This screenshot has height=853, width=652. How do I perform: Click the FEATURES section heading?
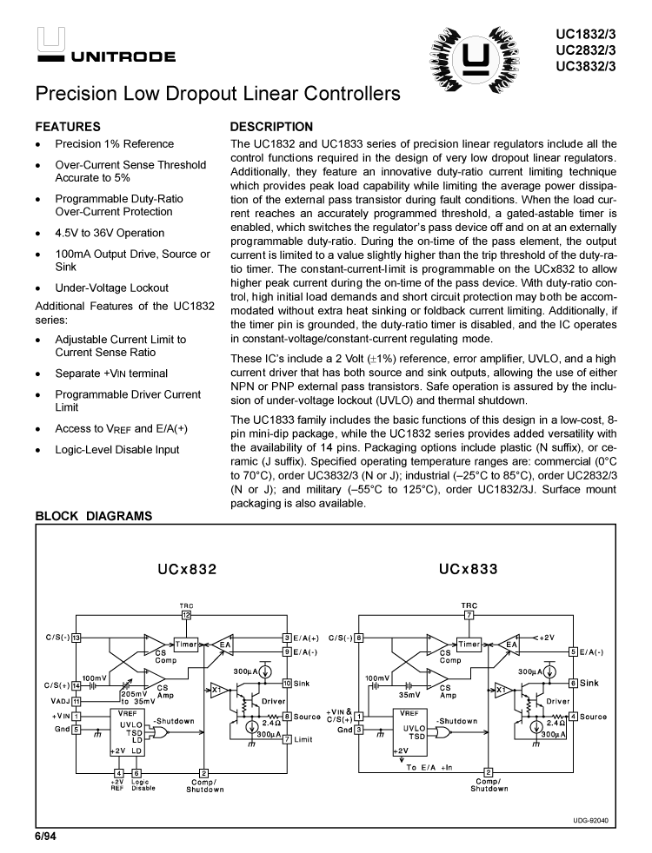coord(68,127)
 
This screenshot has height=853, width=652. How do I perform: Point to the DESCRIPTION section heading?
coord(271,127)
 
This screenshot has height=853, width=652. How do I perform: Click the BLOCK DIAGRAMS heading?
coord(94,517)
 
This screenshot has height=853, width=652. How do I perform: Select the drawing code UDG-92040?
coord(591,819)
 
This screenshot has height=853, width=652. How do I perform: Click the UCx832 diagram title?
coord(187,570)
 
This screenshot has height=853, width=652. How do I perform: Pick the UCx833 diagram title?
coord(469,570)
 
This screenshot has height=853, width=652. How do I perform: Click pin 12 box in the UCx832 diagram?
coord(186,614)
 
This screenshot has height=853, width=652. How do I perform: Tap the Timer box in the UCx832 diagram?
coord(186,645)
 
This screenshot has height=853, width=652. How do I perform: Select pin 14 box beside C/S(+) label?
coord(77,685)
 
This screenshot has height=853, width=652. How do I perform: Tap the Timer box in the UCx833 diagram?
coord(469,645)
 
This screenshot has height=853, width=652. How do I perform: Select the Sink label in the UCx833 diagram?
coord(590,684)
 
